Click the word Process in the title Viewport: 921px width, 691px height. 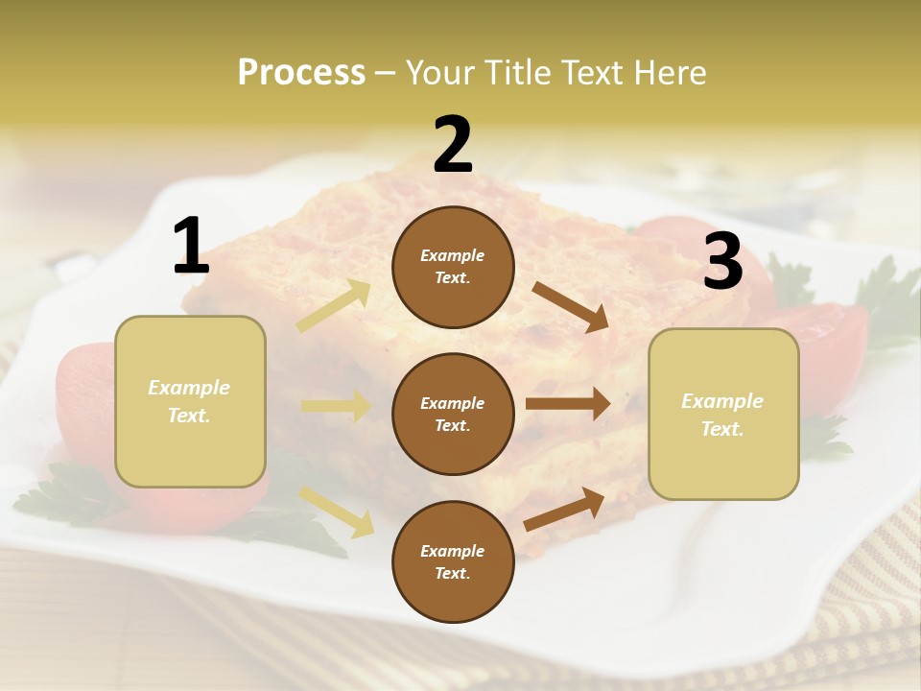301,72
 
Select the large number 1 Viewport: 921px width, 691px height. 191,247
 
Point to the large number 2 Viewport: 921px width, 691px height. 453,145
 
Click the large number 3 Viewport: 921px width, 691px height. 722,262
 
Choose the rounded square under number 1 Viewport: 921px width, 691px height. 190,401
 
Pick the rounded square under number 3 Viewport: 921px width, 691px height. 723,414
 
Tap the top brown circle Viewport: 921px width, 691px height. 453,267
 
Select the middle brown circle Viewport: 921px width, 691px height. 453,414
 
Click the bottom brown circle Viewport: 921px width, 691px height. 453,561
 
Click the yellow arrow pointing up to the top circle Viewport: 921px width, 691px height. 335,306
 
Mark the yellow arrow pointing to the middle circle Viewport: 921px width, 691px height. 336,406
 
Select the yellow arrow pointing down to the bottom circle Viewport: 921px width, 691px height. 337,511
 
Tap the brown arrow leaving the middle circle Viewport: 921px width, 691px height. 568,404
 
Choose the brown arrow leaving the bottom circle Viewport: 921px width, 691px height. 564,509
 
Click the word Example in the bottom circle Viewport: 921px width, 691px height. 453,551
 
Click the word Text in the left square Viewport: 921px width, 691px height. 189,417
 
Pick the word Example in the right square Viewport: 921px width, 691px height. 722,401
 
